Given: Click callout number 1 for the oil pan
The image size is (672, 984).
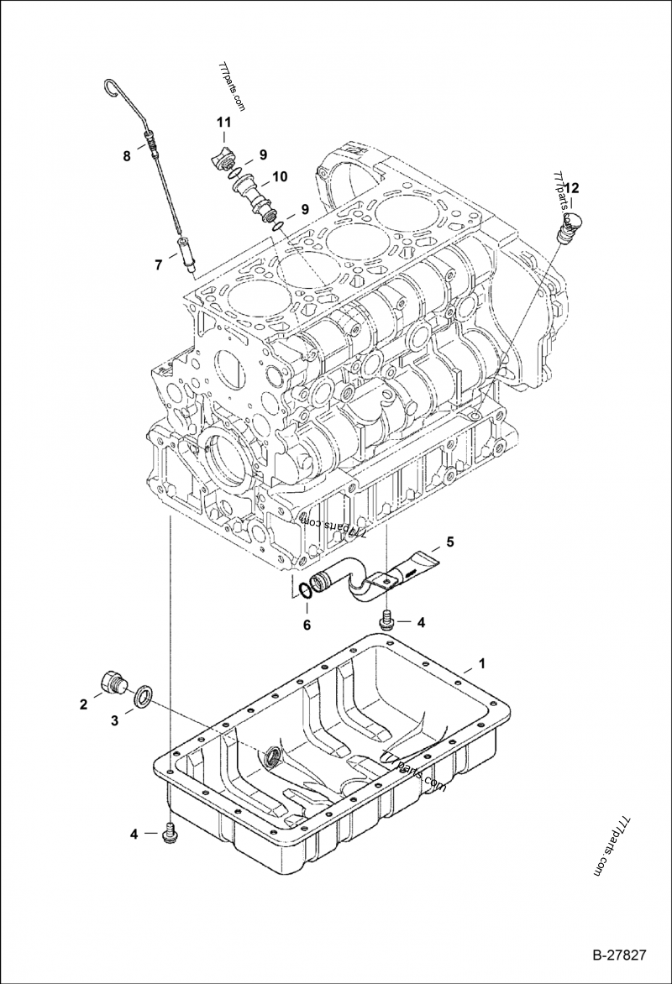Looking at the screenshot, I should click(x=482, y=664).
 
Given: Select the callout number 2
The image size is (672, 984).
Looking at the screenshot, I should click(x=84, y=704).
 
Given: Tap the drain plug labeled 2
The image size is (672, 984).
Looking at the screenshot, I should click(x=113, y=682).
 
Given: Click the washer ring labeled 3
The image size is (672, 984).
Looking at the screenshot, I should click(x=144, y=694).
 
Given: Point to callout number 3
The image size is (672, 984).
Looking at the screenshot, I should click(x=115, y=720).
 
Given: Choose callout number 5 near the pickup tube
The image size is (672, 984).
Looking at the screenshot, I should click(x=449, y=542).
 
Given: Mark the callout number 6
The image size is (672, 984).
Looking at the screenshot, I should click(x=307, y=625).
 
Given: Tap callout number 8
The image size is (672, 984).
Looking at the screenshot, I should click(x=127, y=155).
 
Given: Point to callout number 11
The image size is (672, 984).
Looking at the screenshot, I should click(x=223, y=123).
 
